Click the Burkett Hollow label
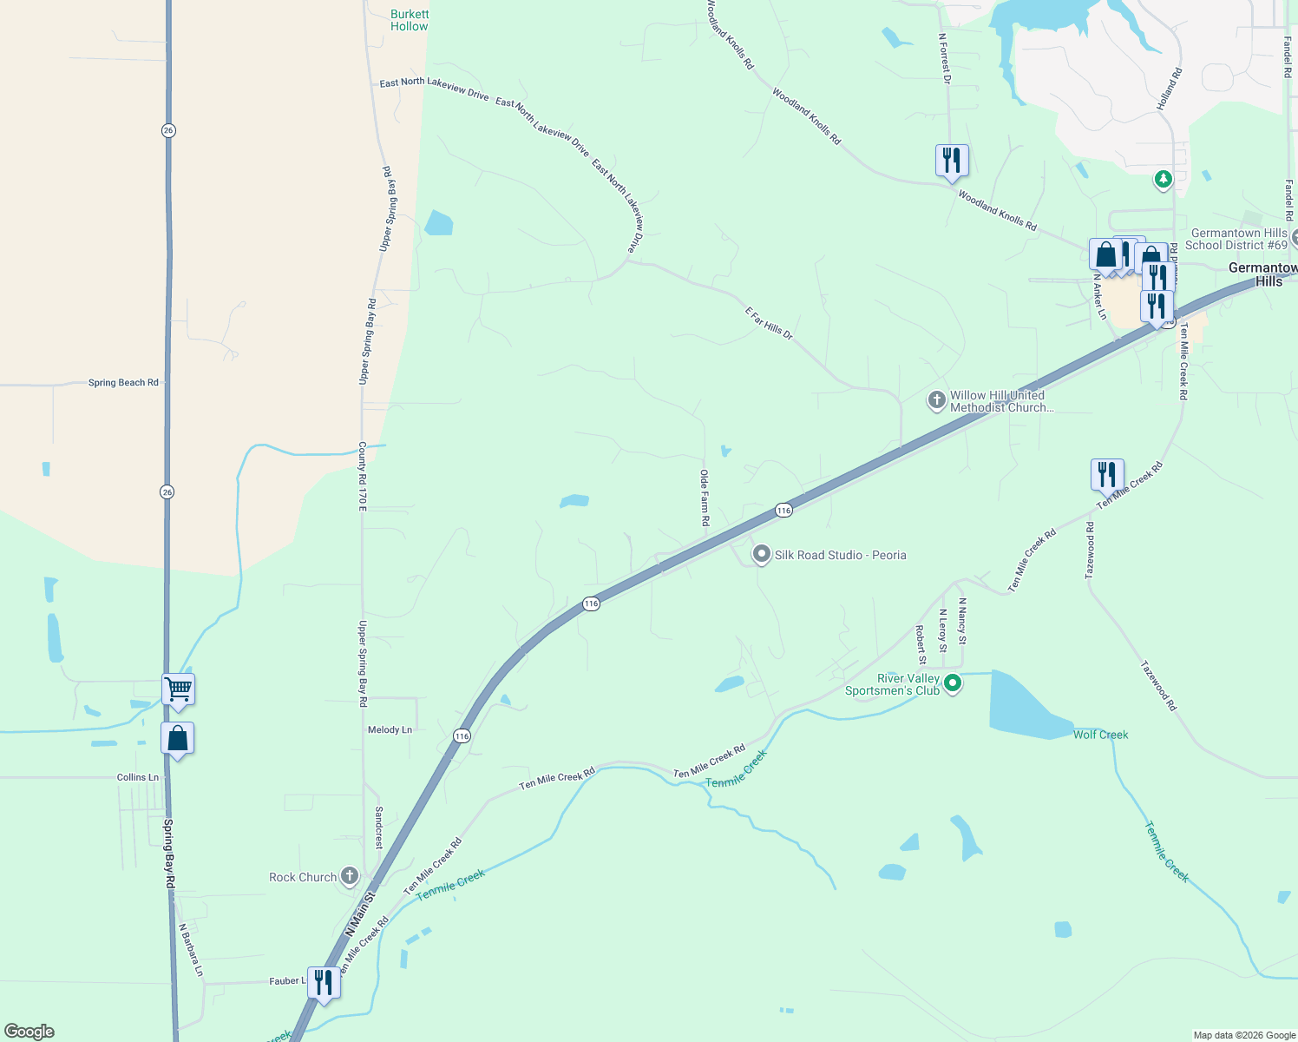point(409,20)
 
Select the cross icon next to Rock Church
point(350,876)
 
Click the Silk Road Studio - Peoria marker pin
point(762,554)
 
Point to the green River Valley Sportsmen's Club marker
point(953,683)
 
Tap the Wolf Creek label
point(1100,735)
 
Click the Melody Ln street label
point(390,729)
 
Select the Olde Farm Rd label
point(705,498)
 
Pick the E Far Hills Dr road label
point(769,322)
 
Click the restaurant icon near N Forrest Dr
point(952,162)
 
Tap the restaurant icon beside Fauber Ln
point(324,983)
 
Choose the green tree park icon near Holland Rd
point(1163,179)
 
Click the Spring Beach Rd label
point(123,382)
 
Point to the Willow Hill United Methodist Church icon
point(936,400)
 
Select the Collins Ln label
point(138,777)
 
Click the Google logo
point(29,1032)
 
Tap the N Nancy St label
point(962,621)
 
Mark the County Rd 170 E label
point(363,476)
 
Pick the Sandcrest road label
point(379,827)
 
